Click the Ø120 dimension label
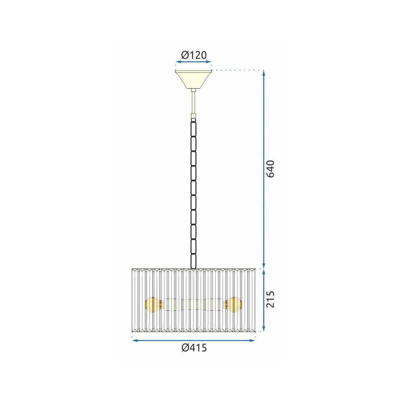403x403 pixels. (x=194, y=55)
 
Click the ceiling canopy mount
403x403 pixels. (x=194, y=79)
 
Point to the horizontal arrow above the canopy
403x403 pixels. (x=194, y=62)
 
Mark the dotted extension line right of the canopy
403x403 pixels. (x=238, y=70)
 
